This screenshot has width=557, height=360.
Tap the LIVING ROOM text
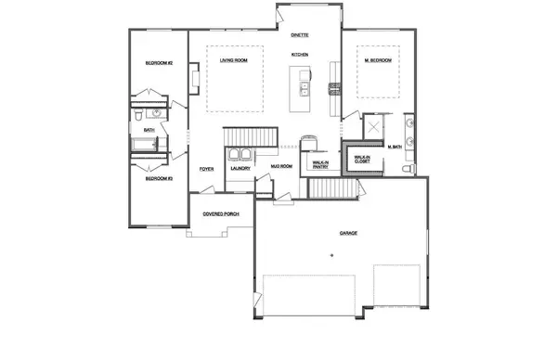click(233, 60)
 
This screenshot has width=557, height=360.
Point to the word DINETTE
click(299, 34)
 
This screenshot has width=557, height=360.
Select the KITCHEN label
click(299, 55)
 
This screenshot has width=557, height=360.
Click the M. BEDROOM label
click(377, 60)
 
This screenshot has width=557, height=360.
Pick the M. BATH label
click(394, 147)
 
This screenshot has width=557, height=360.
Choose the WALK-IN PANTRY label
click(320, 165)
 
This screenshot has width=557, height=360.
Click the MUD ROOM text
click(281, 166)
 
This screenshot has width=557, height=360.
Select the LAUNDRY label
click(241, 168)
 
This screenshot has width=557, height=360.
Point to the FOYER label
click(207, 169)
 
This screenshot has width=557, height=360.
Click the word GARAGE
click(348, 233)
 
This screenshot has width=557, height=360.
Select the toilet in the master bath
click(409, 170)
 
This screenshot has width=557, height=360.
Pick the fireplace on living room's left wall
click(193, 78)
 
